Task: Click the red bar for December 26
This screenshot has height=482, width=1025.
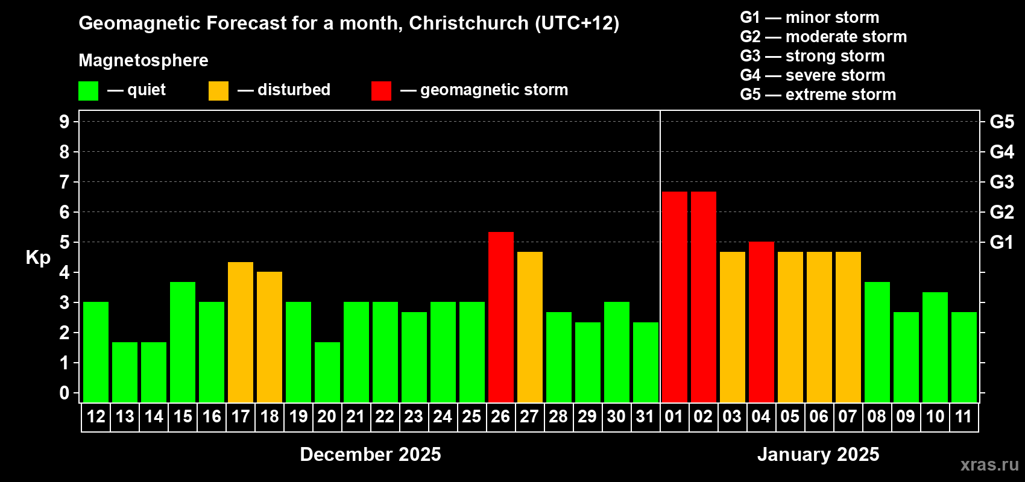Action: tap(500, 317)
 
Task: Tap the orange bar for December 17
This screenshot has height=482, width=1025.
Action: tap(241, 332)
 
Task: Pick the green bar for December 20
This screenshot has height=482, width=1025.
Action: tap(327, 372)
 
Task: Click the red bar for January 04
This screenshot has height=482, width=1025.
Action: tap(761, 322)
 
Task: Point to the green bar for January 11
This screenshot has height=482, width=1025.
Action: tap(963, 357)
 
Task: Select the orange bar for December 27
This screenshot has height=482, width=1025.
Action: tap(529, 327)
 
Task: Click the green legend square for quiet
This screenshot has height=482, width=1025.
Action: tap(89, 91)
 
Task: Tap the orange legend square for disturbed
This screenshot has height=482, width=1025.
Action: tap(218, 91)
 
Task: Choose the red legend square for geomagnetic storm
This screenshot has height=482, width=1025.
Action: tap(381, 91)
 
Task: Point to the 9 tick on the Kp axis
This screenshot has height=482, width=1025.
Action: tap(65, 122)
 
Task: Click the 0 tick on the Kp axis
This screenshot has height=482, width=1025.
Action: tap(65, 393)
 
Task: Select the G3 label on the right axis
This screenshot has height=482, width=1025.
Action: tap(1001, 182)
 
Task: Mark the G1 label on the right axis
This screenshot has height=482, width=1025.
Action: tap(1001, 242)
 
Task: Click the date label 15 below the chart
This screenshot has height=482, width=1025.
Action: tap(183, 417)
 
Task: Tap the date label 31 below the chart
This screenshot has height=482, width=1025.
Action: tap(645, 417)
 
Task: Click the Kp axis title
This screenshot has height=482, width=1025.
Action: tap(38, 258)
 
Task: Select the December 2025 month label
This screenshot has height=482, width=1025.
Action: tap(370, 454)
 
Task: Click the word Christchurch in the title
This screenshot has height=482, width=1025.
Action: tap(468, 23)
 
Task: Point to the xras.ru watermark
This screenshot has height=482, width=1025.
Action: tap(989, 465)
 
